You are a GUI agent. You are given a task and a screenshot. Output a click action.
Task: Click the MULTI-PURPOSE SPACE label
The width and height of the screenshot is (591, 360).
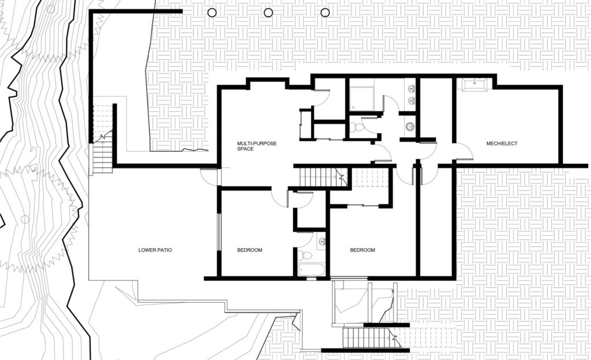[257, 146]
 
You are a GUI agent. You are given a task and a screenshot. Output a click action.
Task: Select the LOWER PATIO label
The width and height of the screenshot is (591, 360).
[155, 250]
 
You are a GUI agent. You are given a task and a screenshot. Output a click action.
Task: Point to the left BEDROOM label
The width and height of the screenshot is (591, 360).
[249, 250]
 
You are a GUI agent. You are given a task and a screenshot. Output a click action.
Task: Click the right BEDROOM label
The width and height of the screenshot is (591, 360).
[362, 250]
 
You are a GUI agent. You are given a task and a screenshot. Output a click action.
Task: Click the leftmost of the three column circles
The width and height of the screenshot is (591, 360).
[212, 13]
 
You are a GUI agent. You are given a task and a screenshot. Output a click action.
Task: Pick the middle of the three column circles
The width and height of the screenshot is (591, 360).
[268, 13]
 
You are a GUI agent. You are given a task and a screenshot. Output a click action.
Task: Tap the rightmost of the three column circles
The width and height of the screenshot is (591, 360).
[325, 13]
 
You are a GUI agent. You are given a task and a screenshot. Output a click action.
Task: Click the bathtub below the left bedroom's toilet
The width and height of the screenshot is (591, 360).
[311, 270]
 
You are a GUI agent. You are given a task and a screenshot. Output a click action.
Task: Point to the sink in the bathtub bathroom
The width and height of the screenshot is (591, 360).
[321, 241]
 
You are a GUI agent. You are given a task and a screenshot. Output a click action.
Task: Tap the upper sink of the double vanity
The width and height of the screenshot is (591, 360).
[410, 89]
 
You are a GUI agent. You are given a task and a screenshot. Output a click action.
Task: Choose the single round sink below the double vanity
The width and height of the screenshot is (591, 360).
[410, 126]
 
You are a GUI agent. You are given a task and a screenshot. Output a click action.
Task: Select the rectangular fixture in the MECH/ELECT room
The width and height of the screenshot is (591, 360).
[474, 84]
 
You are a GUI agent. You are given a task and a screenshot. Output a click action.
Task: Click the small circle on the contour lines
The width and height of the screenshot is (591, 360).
[25, 219]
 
